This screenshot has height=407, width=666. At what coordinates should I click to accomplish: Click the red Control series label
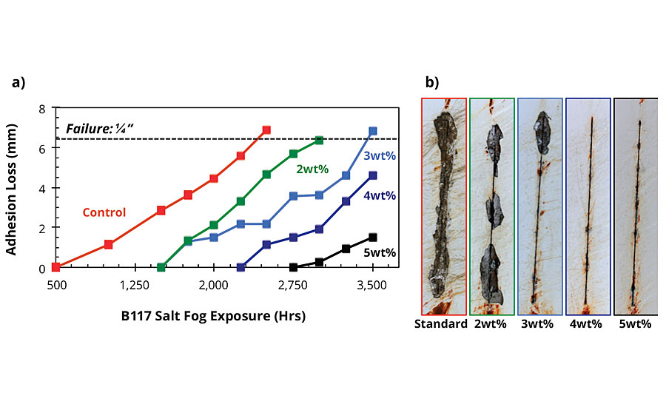click(104, 212)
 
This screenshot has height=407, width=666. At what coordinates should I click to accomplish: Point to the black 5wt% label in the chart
click(380, 253)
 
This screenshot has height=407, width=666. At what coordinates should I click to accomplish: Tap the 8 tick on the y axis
click(42, 109)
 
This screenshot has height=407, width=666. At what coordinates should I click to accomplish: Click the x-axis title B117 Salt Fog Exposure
click(213, 315)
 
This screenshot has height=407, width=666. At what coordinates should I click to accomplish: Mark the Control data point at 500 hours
click(55, 267)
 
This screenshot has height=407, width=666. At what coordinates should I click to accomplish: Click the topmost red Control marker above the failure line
click(266, 130)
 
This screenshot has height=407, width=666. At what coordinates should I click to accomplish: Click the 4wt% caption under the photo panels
click(586, 324)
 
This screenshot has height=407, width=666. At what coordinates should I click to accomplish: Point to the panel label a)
click(18, 82)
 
